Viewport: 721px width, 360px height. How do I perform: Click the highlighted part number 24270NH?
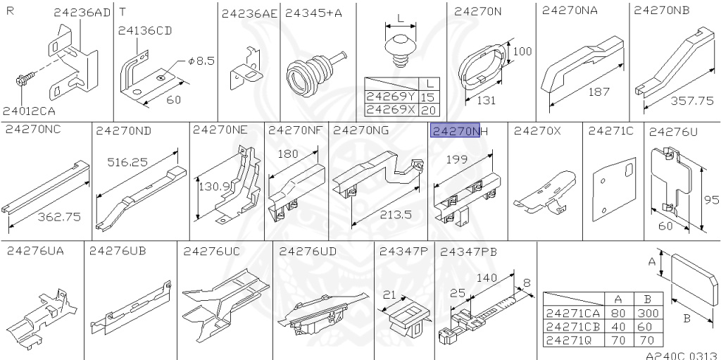click(x=460, y=131)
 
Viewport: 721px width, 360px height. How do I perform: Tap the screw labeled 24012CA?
click(x=25, y=80)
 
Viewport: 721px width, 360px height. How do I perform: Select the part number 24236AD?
click(x=82, y=13)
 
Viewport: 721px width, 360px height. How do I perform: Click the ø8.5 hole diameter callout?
click(x=201, y=61)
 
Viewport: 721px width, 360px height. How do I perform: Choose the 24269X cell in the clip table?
click(x=391, y=110)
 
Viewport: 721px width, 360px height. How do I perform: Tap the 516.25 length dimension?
click(x=127, y=162)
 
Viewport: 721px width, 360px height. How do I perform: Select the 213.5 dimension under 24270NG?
click(x=396, y=215)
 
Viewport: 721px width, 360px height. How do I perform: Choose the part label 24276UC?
click(x=211, y=252)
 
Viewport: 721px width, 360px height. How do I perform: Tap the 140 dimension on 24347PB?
click(x=487, y=278)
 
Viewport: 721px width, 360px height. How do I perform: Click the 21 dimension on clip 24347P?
click(x=389, y=294)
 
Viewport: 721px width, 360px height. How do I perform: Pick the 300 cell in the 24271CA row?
click(x=648, y=314)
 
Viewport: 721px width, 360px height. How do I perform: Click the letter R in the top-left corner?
click(x=10, y=10)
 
